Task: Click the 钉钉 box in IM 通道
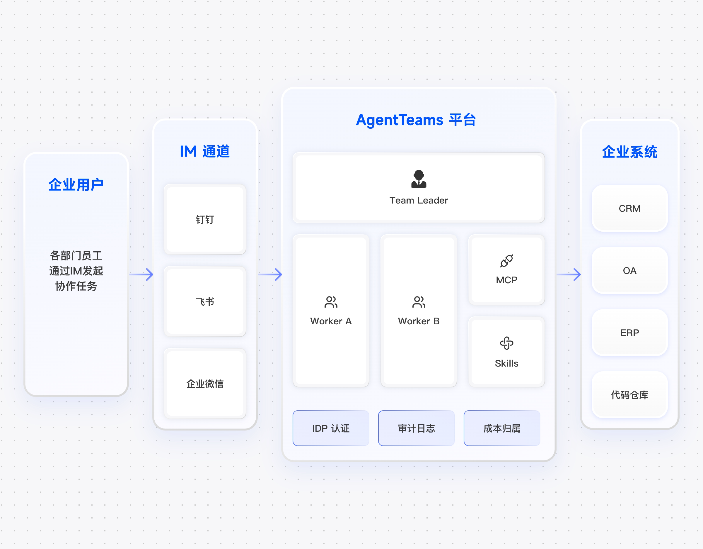tap(205, 219)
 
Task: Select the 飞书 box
tap(205, 301)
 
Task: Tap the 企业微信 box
tap(205, 384)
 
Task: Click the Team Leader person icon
tap(419, 179)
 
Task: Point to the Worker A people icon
tap(331, 302)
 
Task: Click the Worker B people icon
tap(419, 302)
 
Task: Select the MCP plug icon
tap(507, 261)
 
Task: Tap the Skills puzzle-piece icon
tap(507, 343)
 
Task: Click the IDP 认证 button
tap(331, 428)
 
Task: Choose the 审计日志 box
tap(417, 428)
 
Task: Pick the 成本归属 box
tap(502, 428)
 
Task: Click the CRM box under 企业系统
tap(629, 209)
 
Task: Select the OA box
tap(629, 271)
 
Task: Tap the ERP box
tap(629, 333)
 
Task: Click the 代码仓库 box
tap(629, 395)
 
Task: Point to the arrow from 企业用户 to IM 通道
tap(141, 274)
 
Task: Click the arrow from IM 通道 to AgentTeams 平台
tap(270, 274)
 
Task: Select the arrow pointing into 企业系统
tap(569, 274)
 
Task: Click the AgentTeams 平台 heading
tap(416, 120)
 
